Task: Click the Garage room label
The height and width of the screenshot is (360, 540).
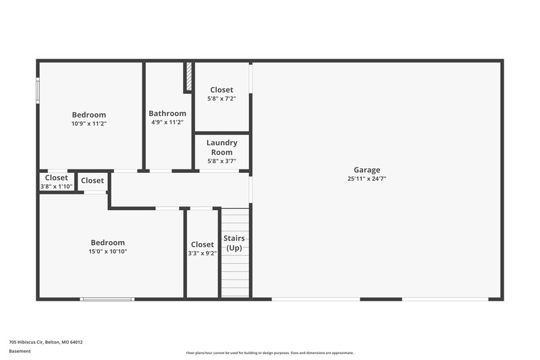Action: point(367,170)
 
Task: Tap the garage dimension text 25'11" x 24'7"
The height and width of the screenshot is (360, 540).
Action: point(367,179)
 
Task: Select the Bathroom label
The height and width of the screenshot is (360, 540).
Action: point(167,113)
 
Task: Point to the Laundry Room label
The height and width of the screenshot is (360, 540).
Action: point(221,147)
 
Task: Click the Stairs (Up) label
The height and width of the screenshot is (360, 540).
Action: point(234,243)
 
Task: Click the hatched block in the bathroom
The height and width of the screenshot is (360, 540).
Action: point(189,77)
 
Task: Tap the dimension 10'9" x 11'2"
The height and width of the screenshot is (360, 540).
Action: point(89,124)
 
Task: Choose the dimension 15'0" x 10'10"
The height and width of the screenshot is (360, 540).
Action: point(108,251)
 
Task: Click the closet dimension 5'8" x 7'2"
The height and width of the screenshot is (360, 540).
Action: point(221,99)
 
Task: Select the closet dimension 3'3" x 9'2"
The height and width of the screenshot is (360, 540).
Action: point(202,253)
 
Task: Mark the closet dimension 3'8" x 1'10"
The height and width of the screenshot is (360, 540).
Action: point(57,186)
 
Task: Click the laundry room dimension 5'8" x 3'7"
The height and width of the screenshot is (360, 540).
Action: point(221,161)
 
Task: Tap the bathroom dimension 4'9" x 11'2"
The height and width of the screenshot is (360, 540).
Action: point(167,122)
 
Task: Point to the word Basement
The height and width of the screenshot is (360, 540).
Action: point(20,351)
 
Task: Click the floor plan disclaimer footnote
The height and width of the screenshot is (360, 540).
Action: point(269,353)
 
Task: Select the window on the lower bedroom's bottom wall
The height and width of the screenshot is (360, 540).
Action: point(107,299)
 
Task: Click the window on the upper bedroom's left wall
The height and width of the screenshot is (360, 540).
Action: point(38,91)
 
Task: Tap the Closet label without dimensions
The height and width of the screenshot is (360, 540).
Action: point(92,180)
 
